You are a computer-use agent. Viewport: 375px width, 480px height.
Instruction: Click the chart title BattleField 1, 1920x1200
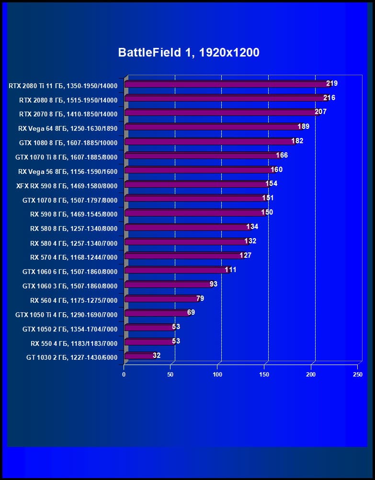pos(189,53)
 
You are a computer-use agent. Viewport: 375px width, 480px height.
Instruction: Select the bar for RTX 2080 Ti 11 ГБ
pos(225,84)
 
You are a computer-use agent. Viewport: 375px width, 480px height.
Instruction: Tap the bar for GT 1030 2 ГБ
pos(139,356)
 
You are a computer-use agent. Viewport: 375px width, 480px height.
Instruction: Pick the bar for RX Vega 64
pos(211,127)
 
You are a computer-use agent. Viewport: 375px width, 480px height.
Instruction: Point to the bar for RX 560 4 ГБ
pos(161,299)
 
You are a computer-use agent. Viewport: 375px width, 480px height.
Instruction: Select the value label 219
pos(332,83)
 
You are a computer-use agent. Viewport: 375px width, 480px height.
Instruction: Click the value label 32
pos(157,355)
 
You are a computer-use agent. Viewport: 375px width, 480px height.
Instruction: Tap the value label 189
pos(304,126)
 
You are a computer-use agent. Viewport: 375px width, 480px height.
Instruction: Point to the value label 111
pos(230,270)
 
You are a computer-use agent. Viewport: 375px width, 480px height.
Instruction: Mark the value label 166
pos(282,155)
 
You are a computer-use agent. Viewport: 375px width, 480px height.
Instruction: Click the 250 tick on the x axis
pos(357,374)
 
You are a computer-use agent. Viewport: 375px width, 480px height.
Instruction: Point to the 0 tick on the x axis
pos(124,374)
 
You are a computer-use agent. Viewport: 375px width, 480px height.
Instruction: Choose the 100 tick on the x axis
pos(217,374)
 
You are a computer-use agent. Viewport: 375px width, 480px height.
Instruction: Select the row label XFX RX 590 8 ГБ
pos(67,185)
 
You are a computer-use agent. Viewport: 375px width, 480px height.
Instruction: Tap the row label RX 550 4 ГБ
pos(74,343)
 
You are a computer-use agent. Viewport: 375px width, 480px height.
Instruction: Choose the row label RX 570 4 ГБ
pos(74,257)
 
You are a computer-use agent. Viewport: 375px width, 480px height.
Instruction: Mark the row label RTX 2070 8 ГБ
pos(68,114)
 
